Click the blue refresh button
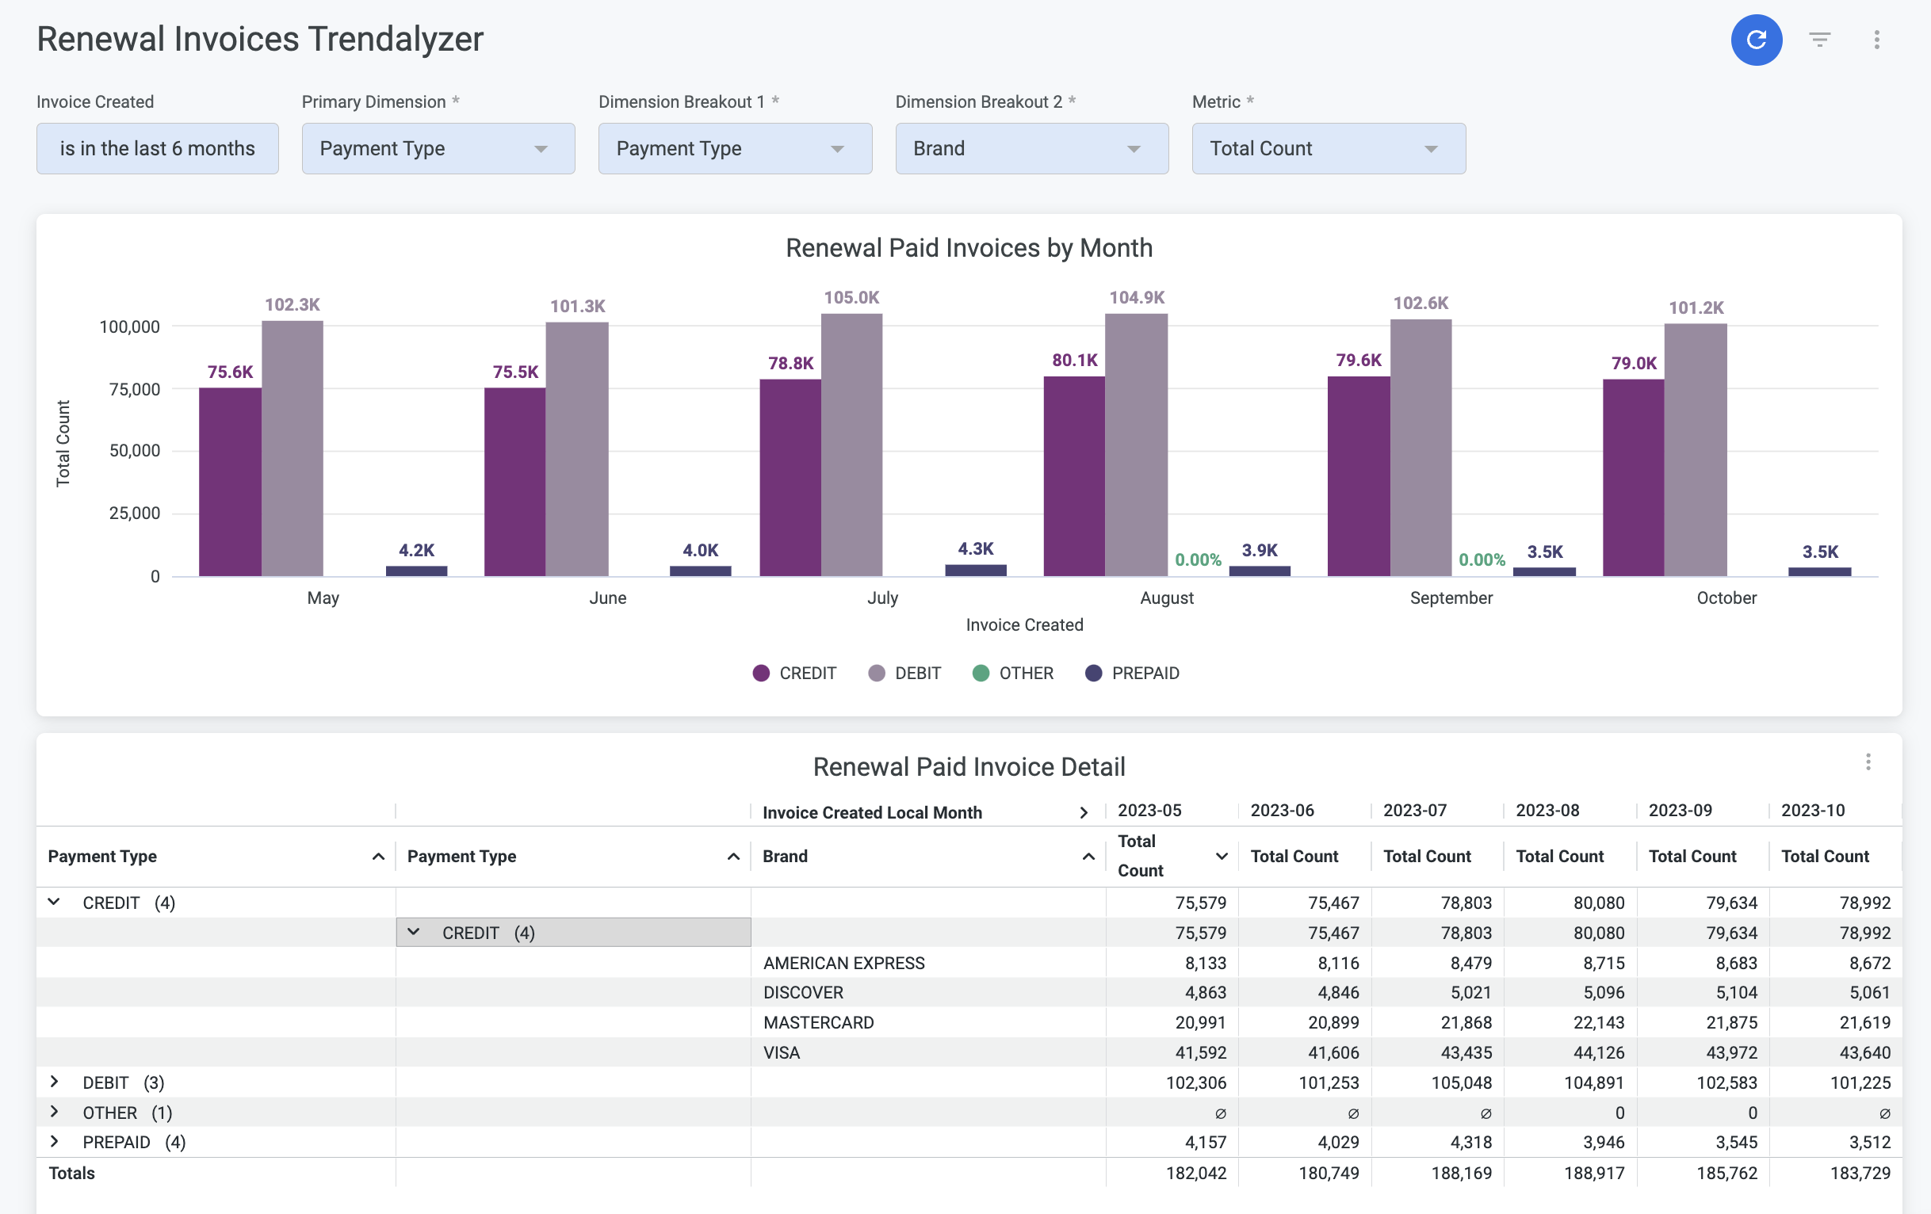pyautogui.click(x=1756, y=40)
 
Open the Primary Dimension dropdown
pyautogui.click(x=438, y=148)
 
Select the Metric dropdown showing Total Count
pyautogui.click(x=1328, y=148)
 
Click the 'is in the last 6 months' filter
pyautogui.click(x=157, y=148)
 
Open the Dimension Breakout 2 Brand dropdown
pyautogui.click(x=1031, y=148)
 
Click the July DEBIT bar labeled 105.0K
pyautogui.click(x=851, y=445)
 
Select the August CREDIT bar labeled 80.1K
pyautogui.click(x=1074, y=476)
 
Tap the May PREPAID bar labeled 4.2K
pyautogui.click(x=416, y=571)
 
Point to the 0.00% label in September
pyautogui.click(x=1481, y=559)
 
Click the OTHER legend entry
pyautogui.click(x=1013, y=673)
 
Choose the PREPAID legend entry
pyautogui.click(x=1131, y=673)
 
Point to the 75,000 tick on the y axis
pyautogui.click(x=135, y=389)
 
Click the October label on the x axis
pyautogui.click(x=1726, y=597)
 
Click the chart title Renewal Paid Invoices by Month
pyautogui.click(x=969, y=248)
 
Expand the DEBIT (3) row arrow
pyautogui.click(x=54, y=1082)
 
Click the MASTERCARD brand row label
pyautogui.click(x=818, y=1022)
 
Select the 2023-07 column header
pyautogui.click(x=1415, y=810)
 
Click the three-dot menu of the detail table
pyautogui.click(x=1868, y=762)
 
